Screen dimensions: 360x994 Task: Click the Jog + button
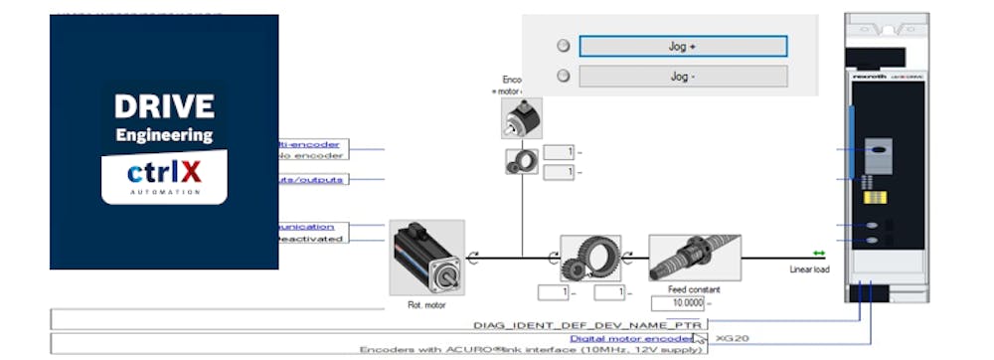(x=683, y=46)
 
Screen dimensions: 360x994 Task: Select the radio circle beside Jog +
(x=564, y=46)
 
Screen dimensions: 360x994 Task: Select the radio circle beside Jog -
(x=564, y=76)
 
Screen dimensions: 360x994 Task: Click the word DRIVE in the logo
(x=164, y=106)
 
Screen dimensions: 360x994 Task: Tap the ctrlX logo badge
(x=164, y=175)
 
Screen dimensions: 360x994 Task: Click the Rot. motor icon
(x=427, y=256)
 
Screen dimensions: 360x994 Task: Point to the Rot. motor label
(x=427, y=305)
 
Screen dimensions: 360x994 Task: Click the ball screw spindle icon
(x=694, y=258)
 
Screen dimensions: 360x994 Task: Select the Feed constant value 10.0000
(x=683, y=303)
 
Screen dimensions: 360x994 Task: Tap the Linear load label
(x=809, y=269)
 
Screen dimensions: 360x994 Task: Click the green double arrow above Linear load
(x=819, y=254)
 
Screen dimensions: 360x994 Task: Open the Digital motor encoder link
(x=630, y=338)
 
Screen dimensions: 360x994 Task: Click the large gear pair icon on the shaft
(x=589, y=258)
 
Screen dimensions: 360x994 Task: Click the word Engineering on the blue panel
(x=164, y=134)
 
